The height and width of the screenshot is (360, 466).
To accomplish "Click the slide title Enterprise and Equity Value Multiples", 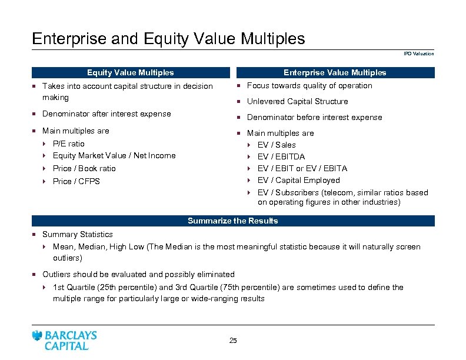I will tap(168, 39).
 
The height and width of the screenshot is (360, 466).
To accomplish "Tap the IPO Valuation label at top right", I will tap(419, 54).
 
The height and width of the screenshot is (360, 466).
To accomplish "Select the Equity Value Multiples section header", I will tap(130, 73).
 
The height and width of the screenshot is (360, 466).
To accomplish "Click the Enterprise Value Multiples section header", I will tap(335, 73).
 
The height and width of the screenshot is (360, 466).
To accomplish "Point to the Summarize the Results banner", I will tap(232, 221).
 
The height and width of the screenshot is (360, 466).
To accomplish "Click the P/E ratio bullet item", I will tap(68, 144).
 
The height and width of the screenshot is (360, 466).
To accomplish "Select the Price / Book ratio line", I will tap(84, 168).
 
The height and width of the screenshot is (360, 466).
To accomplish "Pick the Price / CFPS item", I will tap(76, 181).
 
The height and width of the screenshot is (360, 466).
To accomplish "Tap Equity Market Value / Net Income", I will tap(114, 155).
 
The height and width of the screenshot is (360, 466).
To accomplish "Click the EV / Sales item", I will tap(277, 145).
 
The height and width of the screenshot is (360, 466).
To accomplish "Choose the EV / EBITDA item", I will tap(281, 156).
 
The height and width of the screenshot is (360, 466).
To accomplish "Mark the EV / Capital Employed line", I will tap(298, 180).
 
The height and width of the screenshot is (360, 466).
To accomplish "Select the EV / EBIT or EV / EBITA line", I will tap(302, 168).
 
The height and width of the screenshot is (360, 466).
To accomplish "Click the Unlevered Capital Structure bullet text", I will tap(297, 101).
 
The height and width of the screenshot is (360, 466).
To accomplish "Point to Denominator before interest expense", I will tap(314, 117).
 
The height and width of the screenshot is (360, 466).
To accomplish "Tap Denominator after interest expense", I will tap(106, 114).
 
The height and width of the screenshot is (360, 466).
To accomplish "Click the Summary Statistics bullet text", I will tap(77, 234).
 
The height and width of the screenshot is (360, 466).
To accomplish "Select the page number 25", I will tap(232, 341).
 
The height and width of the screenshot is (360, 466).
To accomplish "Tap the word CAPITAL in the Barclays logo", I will tap(66, 346).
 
